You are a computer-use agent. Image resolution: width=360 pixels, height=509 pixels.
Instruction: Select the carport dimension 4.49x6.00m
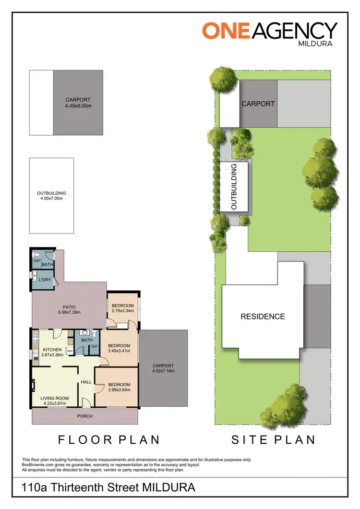pyautogui.click(x=78, y=106)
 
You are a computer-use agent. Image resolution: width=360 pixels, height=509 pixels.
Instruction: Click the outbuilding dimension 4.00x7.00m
pyautogui.click(x=51, y=198)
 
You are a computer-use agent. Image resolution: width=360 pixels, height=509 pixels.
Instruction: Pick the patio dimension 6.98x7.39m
pyautogui.click(x=69, y=313)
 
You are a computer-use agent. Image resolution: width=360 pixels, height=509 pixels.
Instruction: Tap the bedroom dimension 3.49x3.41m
pyautogui.click(x=119, y=351)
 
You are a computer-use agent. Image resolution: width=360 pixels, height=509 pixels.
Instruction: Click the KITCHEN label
pyautogui.click(x=52, y=350)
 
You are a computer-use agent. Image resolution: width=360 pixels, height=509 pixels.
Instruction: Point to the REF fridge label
pyautogui.click(x=70, y=351)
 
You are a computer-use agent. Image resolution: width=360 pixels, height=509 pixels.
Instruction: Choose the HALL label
pyautogui.click(x=86, y=382)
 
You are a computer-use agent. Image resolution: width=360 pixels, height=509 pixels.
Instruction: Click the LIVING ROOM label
pyautogui.click(x=54, y=398)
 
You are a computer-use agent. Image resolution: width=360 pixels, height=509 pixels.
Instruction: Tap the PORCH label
pyautogui.click(x=84, y=416)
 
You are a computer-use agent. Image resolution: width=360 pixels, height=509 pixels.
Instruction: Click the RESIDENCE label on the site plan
pyautogui.click(x=263, y=317)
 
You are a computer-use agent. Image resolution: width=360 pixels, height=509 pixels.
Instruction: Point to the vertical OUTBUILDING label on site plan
pyautogui.click(x=234, y=187)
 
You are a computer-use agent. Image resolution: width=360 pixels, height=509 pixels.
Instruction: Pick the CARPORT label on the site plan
pyautogui.click(x=258, y=104)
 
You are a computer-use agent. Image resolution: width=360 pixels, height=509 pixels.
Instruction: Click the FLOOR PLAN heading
pyautogui.click(x=108, y=439)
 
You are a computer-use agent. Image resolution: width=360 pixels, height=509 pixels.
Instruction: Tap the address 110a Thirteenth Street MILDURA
pyautogui.click(x=109, y=488)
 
